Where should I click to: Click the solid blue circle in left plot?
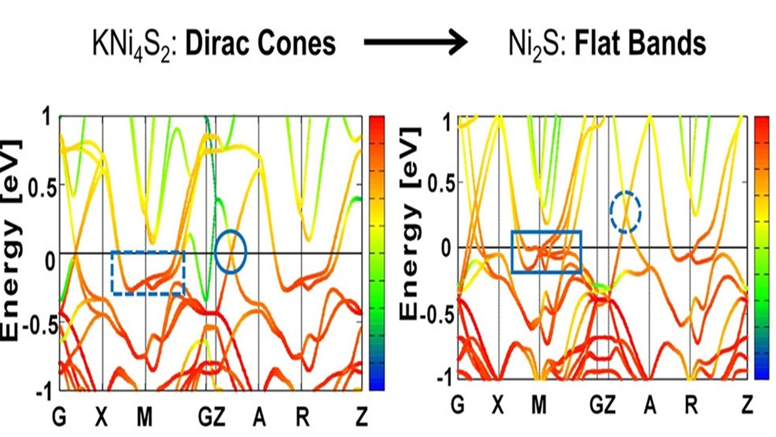[230, 252]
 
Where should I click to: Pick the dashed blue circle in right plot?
[625, 212]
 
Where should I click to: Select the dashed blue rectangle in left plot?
[148, 273]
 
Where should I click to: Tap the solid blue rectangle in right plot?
[546, 252]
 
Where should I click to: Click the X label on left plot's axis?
[101, 417]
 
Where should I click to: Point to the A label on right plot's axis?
[649, 405]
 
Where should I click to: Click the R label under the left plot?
[302, 417]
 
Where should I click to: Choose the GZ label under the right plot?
[602, 405]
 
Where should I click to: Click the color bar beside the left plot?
[377, 253]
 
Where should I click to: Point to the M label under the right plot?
[538, 405]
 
